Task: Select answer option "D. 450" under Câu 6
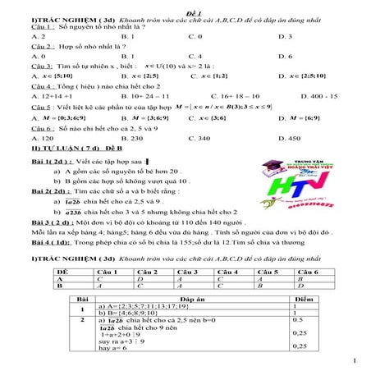coord(290,139)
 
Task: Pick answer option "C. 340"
coord(199,139)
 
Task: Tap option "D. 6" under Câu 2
coord(285,56)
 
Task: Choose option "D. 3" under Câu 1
coord(285,37)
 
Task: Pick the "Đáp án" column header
coord(185,301)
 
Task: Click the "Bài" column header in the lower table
coord(81,301)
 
